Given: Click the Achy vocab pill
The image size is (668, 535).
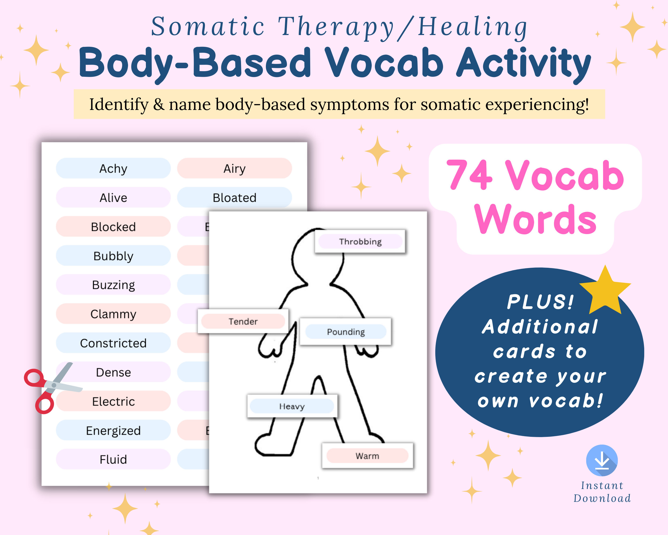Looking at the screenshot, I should coord(113,169).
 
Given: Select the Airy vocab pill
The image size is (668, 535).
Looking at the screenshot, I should coord(234,169).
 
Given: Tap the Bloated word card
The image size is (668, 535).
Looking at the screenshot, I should coord(234,198).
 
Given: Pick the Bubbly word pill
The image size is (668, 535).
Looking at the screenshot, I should coord(113,256).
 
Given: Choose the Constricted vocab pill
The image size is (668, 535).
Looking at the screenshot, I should coord(113,343).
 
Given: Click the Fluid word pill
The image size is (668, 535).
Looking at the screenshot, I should coord(113,459).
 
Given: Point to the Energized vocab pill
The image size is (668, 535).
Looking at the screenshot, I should coord(113,430).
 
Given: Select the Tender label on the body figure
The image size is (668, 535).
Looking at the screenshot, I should coord(243,321).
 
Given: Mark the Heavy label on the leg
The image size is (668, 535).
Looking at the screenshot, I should coord(292,406).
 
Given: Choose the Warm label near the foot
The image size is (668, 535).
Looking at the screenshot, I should coord(367,456).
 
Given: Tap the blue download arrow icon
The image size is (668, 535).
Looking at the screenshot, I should coord(602,461).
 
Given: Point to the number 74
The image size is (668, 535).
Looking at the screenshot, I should coord(469,175).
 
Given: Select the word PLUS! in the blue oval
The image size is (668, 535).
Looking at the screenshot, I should coord(540,302).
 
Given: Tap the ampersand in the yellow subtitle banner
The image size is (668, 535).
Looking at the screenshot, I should coord(159,104).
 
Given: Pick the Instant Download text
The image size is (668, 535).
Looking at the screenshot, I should coord(602,492).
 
